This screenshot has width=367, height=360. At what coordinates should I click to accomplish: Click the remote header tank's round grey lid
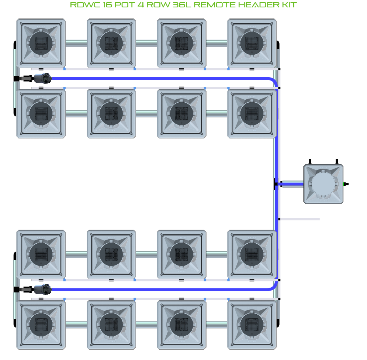(323, 184)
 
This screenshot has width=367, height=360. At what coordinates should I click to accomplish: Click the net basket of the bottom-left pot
(41, 325)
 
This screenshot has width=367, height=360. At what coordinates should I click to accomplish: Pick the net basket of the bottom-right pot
(252, 325)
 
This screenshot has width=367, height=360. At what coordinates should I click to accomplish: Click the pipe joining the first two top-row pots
(76, 43)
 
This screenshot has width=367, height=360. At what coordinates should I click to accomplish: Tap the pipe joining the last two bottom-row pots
(217, 325)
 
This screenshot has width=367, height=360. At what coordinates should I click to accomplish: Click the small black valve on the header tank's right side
(346, 184)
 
